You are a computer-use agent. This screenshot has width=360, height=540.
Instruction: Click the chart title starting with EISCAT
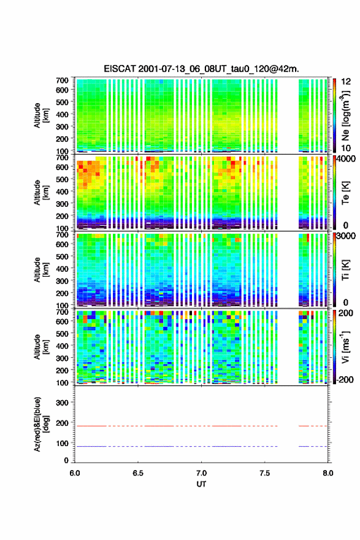tap(201, 69)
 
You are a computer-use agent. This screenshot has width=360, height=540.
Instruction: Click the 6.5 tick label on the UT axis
tap(138, 473)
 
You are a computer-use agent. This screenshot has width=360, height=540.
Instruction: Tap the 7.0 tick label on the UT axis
tap(201, 473)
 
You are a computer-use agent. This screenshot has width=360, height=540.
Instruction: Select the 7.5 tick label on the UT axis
tap(265, 473)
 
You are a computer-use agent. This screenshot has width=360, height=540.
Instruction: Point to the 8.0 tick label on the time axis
tap(328, 473)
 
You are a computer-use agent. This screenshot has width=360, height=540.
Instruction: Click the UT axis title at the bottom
tap(201, 484)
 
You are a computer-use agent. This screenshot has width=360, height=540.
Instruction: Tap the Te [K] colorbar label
tap(346, 193)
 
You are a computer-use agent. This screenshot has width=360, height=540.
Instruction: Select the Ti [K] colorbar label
tap(346, 270)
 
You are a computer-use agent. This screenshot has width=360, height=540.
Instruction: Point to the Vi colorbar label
tap(346, 347)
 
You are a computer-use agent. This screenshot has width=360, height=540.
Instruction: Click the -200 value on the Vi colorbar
tap(345, 379)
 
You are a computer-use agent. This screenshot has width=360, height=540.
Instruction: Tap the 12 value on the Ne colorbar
tap(346, 82)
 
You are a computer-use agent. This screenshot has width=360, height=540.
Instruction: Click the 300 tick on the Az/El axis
tap(62, 403)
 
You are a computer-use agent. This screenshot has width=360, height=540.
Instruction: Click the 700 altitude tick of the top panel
tap(62, 80)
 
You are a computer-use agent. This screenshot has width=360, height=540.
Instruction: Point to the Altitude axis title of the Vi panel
tap(41, 347)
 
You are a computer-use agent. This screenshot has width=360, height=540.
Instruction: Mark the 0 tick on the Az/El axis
tap(66, 460)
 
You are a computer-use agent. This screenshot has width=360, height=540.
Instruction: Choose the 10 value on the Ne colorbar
tap(346, 148)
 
